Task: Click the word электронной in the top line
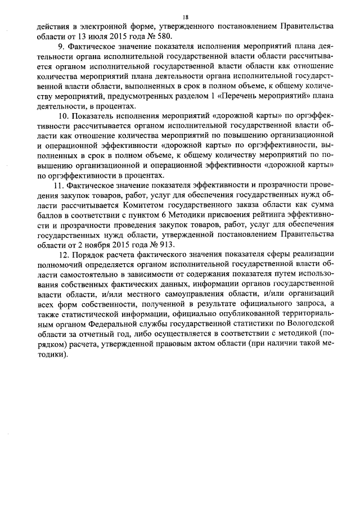tap(106, 26)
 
